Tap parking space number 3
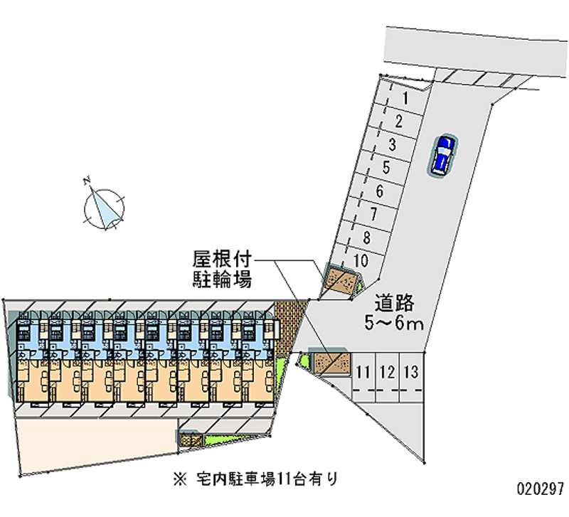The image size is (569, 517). [392, 145]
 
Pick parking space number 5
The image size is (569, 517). [385, 169]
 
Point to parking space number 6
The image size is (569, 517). [379, 191]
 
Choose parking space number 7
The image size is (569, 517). [373, 214]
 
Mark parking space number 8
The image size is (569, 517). [366, 238]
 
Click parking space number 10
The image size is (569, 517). [361, 260]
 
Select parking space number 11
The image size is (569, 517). [363, 371]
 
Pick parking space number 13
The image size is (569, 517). [411, 371]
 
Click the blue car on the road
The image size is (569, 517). [442, 154]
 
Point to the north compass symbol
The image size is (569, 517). [105, 208]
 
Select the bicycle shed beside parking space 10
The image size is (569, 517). [341, 280]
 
